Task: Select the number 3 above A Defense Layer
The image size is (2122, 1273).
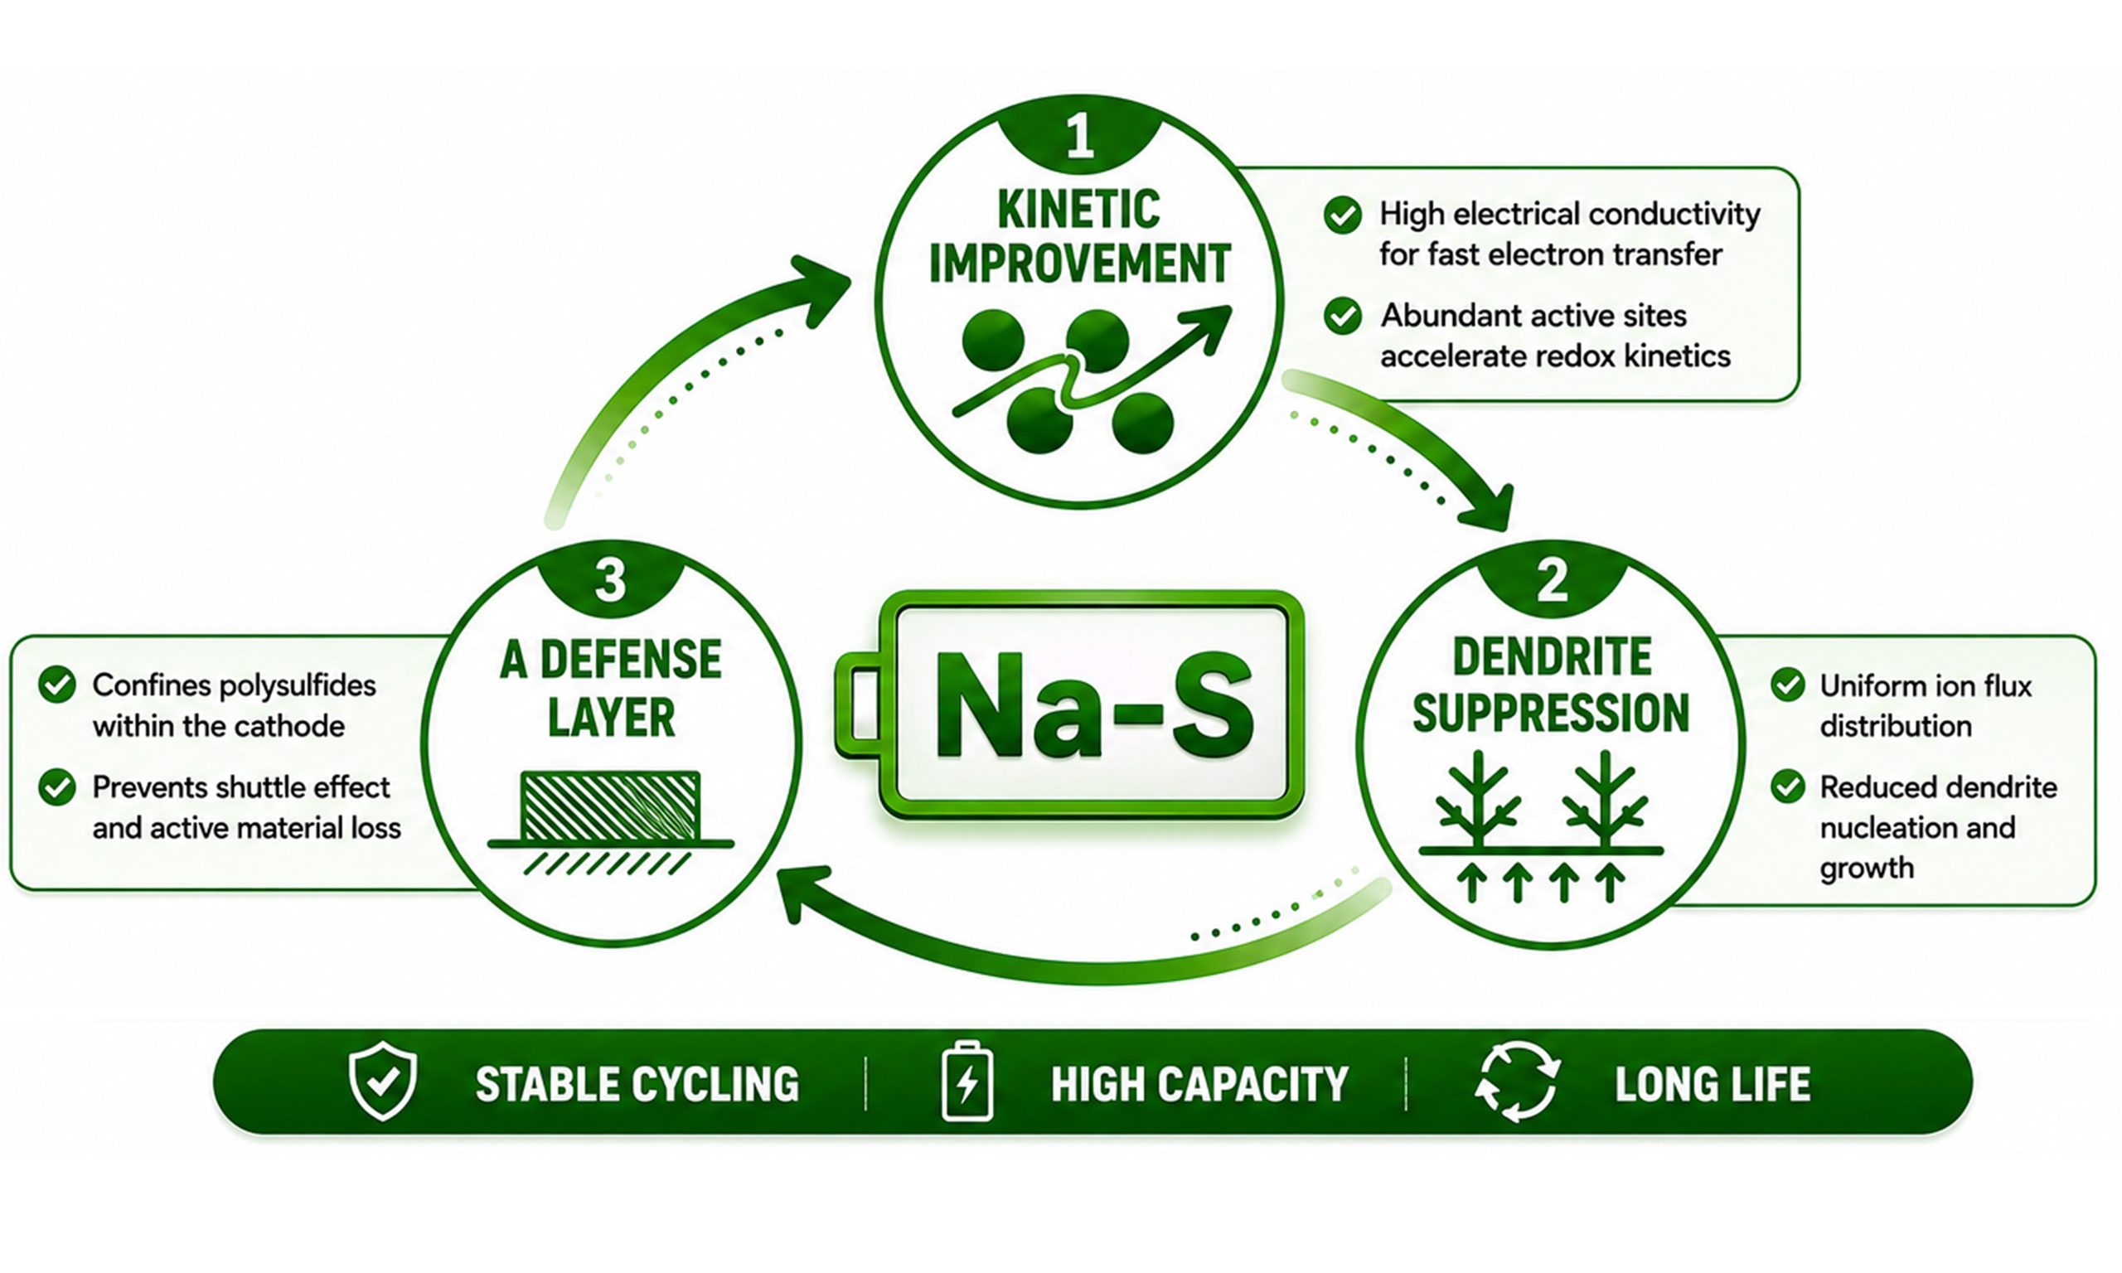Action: [x=611, y=580]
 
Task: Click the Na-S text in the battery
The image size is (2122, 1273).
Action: [x=1092, y=703]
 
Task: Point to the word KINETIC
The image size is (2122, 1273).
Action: [x=1079, y=210]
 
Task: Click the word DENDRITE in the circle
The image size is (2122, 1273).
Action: [x=1552, y=657]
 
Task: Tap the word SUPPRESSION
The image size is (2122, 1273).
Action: [x=1551, y=713]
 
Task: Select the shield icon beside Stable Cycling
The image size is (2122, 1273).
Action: [x=383, y=1081]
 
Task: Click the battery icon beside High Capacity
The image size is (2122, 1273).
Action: [x=967, y=1081]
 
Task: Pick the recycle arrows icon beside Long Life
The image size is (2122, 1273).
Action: [x=1517, y=1081]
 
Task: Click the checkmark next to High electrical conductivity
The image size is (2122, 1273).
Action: [x=1342, y=215]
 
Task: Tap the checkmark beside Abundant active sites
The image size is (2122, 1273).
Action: [x=1342, y=316]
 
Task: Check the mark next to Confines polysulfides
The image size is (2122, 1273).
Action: [x=57, y=685]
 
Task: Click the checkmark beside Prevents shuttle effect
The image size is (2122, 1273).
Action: [x=57, y=787]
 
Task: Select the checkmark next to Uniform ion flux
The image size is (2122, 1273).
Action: [x=1787, y=685]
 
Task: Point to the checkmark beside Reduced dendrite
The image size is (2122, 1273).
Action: [x=1787, y=786]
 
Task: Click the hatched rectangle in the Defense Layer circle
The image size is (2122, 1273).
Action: [x=611, y=806]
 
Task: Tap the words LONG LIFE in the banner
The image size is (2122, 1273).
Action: [x=1713, y=1084]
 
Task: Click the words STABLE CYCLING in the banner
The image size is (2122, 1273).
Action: [x=637, y=1084]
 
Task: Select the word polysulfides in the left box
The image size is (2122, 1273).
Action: [x=296, y=686]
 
